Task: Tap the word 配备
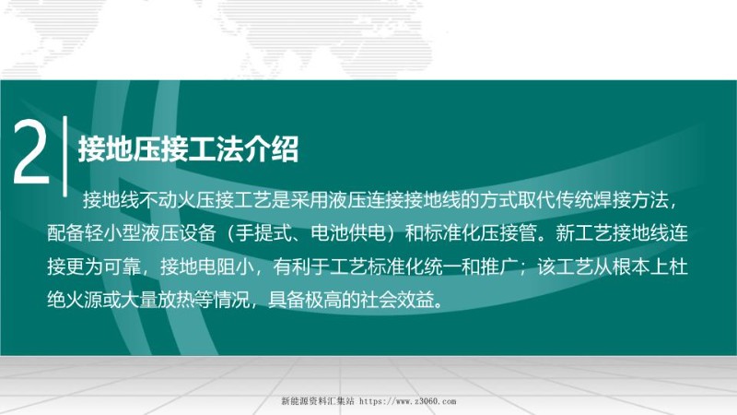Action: (65, 233)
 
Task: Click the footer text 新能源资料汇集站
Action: (316, 402)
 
